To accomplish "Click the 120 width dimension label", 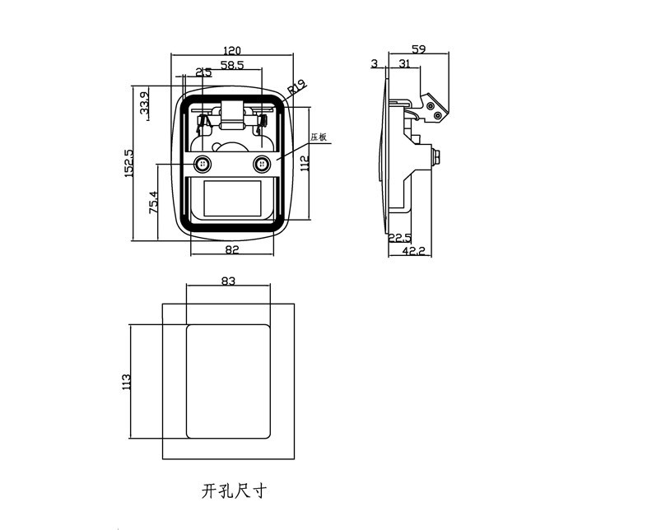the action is [x=232, y=50].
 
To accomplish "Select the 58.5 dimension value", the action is [x=232, y=65].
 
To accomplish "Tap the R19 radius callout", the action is [x=297, y=87].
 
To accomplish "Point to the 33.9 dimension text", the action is [x=144, y=103].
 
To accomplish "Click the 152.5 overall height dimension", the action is [x=129, y=163].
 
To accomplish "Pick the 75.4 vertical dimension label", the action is [x=153, y=202].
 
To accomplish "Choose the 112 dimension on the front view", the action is [x=305, y=164].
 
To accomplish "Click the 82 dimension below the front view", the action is [x=232, y=249].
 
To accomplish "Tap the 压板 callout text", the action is [x=319, y=137].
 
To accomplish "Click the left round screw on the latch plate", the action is [x=203, y=164].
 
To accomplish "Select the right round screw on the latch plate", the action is [x=261, y=164].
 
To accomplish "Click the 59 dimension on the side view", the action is [x=418, y=49].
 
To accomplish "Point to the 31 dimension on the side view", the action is [x=405, y=63].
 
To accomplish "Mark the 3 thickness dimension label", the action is [x=375, y=63].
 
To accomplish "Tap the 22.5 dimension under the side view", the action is [x=400, y=238].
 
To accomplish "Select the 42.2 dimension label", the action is [x=413, y=251].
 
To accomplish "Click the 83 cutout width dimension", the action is [x=228, y=281].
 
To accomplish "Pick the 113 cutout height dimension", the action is [x=126, y=382].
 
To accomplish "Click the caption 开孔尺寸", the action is [x=234, y=491].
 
